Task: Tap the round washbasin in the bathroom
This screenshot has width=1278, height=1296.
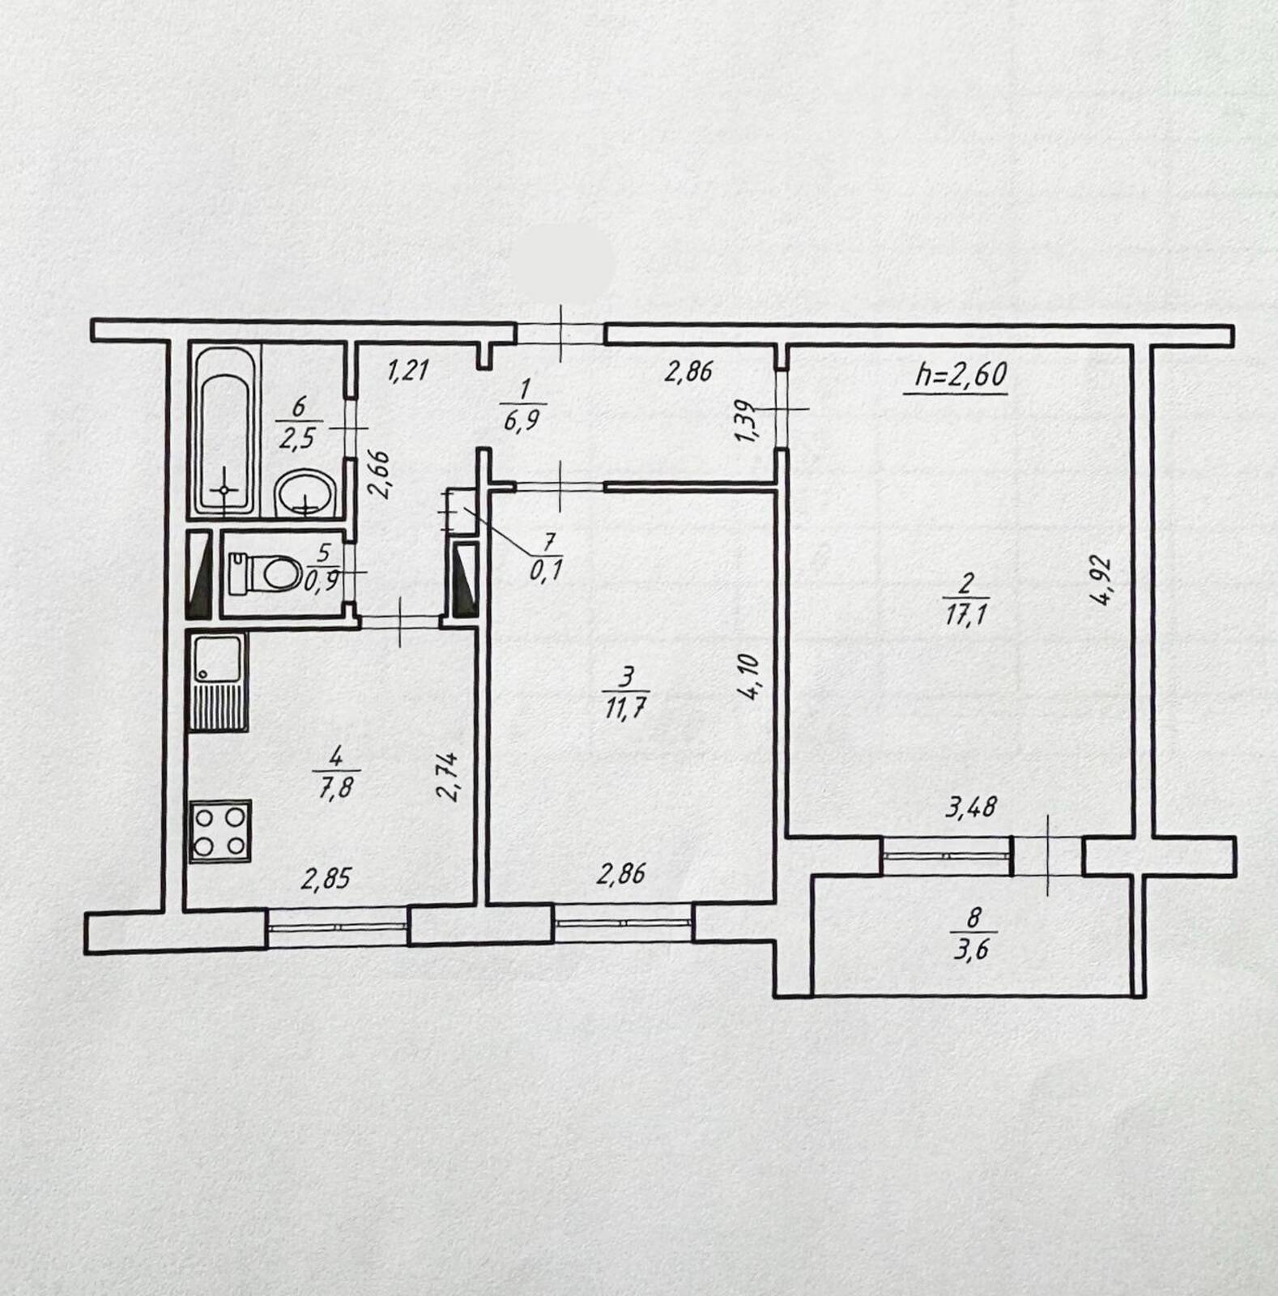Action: pos(305,492)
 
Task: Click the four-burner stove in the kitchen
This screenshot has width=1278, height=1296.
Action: pos(220,831)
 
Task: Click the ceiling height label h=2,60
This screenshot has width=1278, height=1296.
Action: pos(961,374)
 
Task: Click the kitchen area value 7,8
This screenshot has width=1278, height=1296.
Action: pos(335,786)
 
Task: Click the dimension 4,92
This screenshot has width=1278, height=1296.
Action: pos(1099,580)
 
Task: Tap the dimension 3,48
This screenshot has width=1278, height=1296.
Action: pos(971,807)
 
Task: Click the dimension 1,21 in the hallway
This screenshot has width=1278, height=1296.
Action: pos(407,371)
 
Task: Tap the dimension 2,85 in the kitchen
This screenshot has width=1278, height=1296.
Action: pos(326,879)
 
